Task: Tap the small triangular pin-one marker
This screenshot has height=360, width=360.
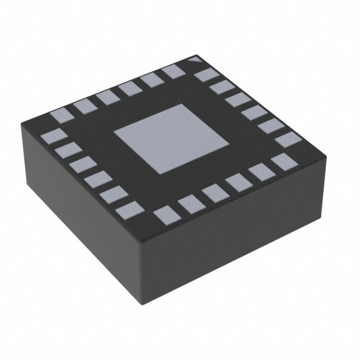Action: [195, 58]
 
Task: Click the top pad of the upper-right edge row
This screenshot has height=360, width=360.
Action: [205, 75]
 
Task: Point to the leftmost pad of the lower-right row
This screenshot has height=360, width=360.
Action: [164, 214]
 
